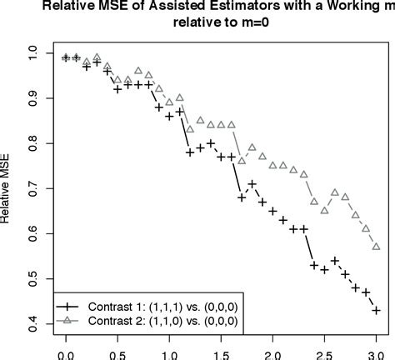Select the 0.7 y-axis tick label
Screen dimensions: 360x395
click(32, 188)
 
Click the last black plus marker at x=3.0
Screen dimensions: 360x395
click(377, 310)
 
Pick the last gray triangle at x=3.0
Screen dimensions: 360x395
click(377, 247)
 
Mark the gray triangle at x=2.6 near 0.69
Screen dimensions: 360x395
click(335, 192)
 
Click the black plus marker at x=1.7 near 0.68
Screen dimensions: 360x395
click(242, 197)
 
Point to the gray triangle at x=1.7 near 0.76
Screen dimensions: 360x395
click(242, 161)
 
